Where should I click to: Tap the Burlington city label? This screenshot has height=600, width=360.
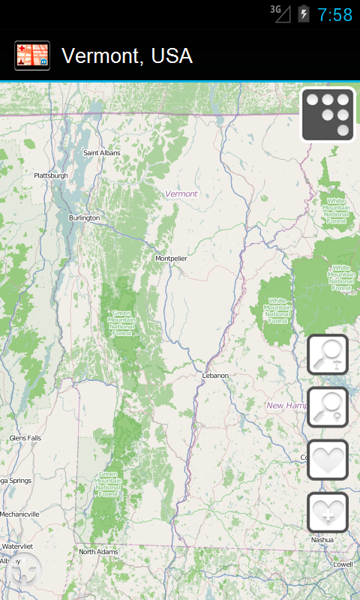point(84,217)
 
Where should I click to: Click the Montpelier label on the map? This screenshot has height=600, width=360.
point(171,258)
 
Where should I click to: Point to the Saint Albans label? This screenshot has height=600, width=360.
point(101,153)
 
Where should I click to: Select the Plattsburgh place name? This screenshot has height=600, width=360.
point(51,175)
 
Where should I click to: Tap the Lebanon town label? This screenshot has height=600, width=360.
point(214,375)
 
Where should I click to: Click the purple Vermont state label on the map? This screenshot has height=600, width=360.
point(181,193)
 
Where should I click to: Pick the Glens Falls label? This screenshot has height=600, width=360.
point(25,438)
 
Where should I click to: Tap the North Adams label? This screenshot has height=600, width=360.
point(99,552)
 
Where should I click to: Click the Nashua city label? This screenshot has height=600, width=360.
point(322,539)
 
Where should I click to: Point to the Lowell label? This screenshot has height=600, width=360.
point(343,564)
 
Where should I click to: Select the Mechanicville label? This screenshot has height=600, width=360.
point(19,514)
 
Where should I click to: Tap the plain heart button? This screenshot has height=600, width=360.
point(328,460)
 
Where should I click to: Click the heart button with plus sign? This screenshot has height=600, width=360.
point(328,512)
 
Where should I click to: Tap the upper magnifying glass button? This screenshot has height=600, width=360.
point(328,355)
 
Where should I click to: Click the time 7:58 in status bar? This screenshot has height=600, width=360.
point(334,15)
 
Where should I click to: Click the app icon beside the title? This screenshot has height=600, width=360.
point(32,55)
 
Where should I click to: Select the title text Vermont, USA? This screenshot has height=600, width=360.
point(127,56)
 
